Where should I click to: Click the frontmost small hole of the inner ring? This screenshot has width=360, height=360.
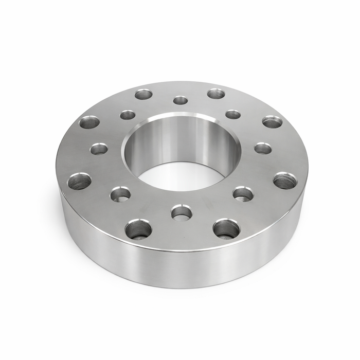[x=182, y=212]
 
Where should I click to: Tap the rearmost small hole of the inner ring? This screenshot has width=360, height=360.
[x=181, y=100]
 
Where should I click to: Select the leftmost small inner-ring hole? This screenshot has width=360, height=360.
[x=99, y=149]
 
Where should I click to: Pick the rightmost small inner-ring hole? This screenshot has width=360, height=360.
[x=263, y=148]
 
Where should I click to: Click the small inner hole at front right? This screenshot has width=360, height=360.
[x=243, y=193]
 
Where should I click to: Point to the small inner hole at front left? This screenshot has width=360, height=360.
[x=120, y=194]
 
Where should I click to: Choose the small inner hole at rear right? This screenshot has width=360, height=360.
[x=233, y=114]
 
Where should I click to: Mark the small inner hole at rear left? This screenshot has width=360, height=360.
[x=128, y=115]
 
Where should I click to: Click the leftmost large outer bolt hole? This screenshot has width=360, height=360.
[x=79, y=181]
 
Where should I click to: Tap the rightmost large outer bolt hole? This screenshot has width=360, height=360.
[x=285, y=181]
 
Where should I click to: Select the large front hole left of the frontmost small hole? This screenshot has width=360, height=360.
[x=138, y=229]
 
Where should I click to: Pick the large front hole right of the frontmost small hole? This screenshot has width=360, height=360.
[x=226, y=228]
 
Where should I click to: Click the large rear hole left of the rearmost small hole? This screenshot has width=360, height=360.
[x=144, y=94]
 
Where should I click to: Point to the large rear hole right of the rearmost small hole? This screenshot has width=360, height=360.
[x=216, y=94]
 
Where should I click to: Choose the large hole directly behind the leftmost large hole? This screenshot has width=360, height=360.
[x=89, y=122]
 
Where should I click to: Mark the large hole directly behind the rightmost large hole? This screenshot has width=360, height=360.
[x=272, y=122]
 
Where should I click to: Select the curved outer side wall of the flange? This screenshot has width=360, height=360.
[x=180, y=267]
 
